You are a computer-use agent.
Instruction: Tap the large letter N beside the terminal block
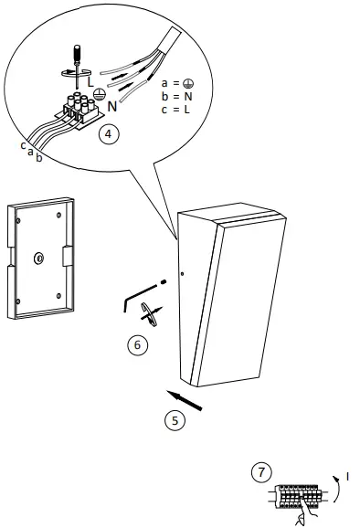click(112, 106)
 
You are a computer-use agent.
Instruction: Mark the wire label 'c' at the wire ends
click(23, 144)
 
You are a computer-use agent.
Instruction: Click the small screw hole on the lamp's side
click(183, 274)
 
